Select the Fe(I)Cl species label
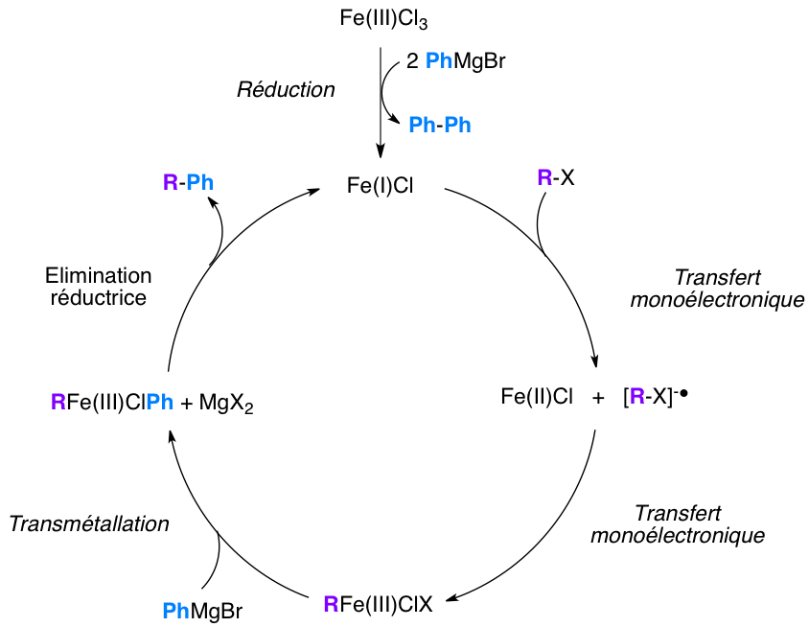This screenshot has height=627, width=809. (381, 182)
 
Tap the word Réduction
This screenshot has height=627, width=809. (286, 90)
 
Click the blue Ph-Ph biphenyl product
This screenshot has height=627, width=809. (440, 126)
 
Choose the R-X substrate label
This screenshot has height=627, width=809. (556, 177)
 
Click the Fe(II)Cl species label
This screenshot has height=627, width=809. (537, 396)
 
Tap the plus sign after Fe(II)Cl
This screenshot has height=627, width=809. (599, 397)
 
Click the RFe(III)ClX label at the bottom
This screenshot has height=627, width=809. (379, 604)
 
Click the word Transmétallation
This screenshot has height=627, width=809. (88, 524)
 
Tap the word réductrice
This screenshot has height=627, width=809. (99, 297)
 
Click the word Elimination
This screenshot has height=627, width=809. (99, 275)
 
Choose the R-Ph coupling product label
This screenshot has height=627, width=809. (189, 183)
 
